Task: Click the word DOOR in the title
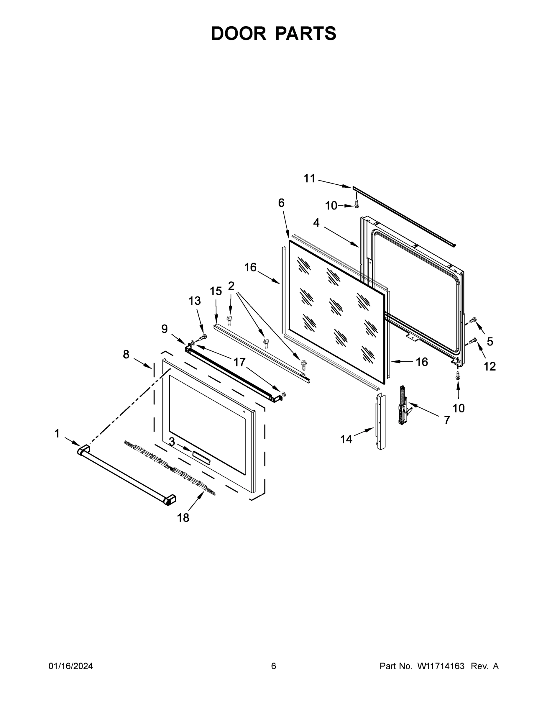[x=238, y=33]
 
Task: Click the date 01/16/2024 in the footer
[x=71, y=666]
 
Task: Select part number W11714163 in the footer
[x=441, y=666]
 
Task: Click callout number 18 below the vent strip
[x=183, y=518]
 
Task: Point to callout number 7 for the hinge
[x=447, y=420]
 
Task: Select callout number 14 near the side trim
[x=346, y=439]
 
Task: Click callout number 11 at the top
[x=309, y=178]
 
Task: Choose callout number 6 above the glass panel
[x=281, y=203]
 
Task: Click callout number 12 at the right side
[x=489, y=366]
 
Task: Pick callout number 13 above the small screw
[x=195, y=301]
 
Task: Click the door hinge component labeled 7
[x=403, y=405]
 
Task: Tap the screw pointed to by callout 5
[x=473, y=321]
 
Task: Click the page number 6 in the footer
[x=274, y=666]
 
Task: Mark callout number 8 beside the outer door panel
[x=126, y=354]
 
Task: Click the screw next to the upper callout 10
[x=357, y=204]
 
